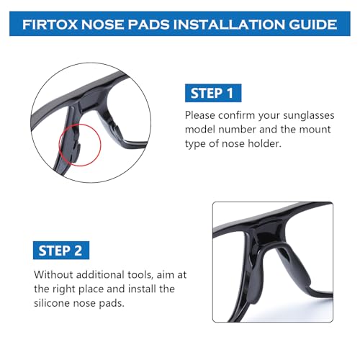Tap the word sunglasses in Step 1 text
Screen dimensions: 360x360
coord(302,114)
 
